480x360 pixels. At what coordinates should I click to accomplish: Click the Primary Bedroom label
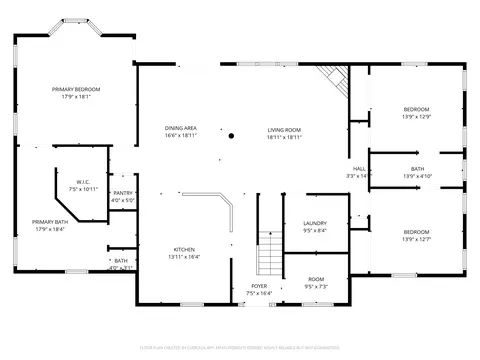coord(76,89)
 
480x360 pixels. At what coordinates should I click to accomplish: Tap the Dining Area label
coord(180,129)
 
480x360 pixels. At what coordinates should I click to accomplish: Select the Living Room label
coord(284,129)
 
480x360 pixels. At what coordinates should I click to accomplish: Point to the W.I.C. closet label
coord(83,182)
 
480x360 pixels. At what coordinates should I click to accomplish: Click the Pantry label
coord(123,193)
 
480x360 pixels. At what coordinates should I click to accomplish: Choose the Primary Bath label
coord(49,222)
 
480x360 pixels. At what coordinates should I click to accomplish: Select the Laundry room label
coord(314,224)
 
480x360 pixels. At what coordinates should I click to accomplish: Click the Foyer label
coord(258,286)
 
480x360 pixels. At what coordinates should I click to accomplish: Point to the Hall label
coord(357,169)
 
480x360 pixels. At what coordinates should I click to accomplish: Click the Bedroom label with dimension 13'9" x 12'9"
coord(416,109)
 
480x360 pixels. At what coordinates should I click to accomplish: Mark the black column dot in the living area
coord(231,135)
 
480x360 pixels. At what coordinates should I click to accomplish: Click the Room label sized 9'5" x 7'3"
coord(315,279)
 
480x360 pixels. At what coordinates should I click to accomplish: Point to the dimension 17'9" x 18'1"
coord(76,97)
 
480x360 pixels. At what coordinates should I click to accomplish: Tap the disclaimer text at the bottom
coord(240,349)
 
